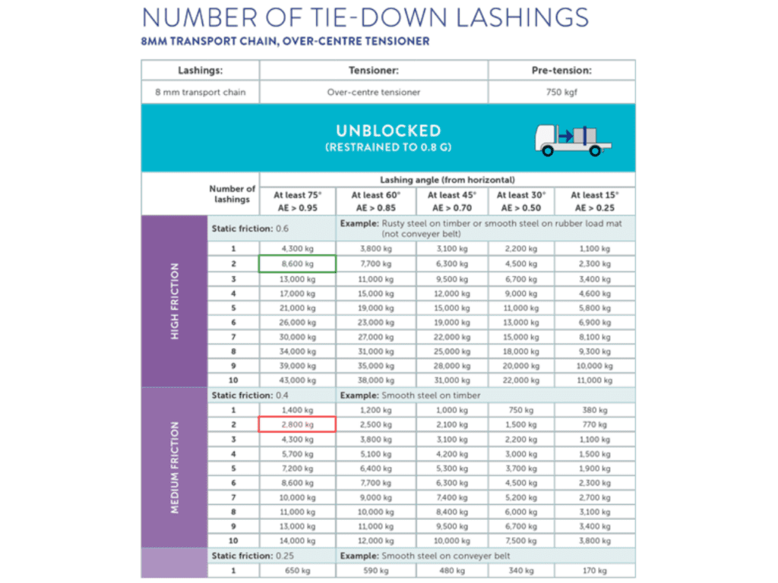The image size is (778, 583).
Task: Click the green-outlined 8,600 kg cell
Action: [297, 263]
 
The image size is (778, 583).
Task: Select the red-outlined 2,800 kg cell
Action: [297, 424]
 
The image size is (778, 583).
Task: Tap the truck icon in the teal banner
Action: [573, 138]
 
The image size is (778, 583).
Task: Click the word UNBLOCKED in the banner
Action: [387, 131]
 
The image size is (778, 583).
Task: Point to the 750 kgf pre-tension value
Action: [561, 93]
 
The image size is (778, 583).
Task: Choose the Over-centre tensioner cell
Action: [373, 93]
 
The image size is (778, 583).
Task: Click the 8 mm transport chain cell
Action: [200, 93]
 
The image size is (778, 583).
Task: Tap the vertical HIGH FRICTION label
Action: [175, 301]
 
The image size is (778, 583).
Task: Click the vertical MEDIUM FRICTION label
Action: [175, 468]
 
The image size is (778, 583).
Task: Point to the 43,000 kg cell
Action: [297, 380]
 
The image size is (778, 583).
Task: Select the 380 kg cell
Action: [594, 410]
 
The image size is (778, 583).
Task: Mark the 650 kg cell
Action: [297, 570]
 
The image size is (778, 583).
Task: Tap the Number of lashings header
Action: [232, 194]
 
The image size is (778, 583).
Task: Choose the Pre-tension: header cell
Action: [561, 70]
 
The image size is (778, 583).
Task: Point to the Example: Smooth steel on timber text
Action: [410, 395]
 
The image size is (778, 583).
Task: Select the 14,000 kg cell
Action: [297, 541]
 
